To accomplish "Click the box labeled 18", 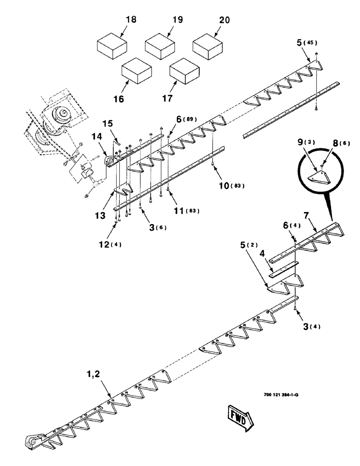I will (112, 47).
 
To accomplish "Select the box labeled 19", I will (159, 47).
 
